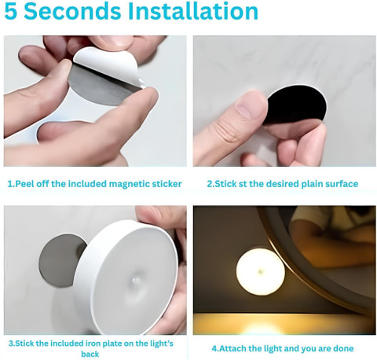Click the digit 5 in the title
point(10,11)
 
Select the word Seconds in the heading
point(72,11)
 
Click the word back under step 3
point(90,354)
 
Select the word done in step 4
point(343,348)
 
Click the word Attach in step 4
point(232,348)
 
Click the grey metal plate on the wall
point(61,261)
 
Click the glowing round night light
point(261,272)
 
